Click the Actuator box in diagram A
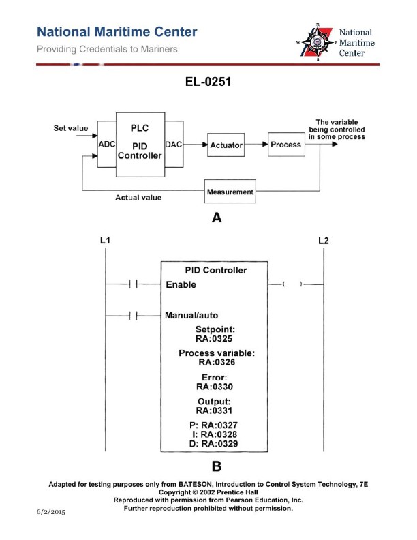pos(226,145)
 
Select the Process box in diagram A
pos(285,145)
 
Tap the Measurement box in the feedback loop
pos(230,192)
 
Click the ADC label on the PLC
pos(107,145)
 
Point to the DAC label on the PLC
pos(174,145)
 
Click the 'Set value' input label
pos(71,128)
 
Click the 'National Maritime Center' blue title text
pos(117,32)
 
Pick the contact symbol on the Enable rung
pos(134,284)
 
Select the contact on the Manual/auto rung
pos(134,316)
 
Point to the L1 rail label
pos(106,241)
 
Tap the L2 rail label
pos(324,241)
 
